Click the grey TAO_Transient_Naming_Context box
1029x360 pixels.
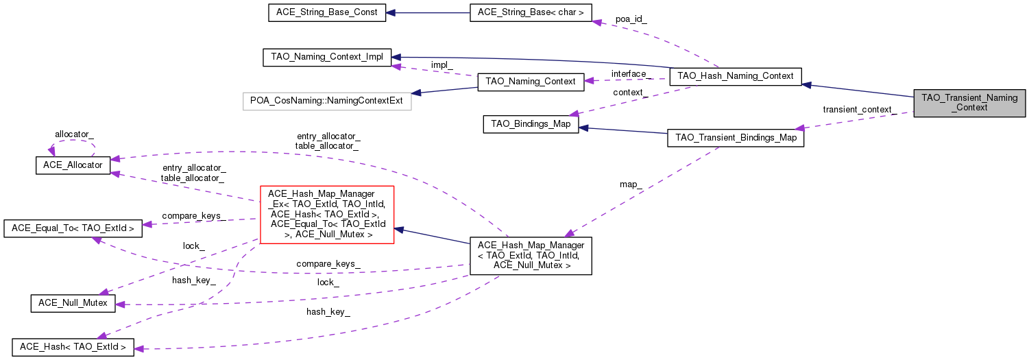point(969,103)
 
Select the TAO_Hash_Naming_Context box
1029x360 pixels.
point(735,76)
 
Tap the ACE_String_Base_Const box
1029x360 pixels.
point(326,13)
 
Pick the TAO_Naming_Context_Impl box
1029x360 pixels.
point(327,57)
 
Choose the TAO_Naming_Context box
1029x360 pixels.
point(530,82)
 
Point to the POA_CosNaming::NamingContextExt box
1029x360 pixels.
point(326,101)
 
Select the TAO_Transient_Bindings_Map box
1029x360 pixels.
point(736,138)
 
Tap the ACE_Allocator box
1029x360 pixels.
point(73,165)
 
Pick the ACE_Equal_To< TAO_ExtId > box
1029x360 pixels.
point(73,228)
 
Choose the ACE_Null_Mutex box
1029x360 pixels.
point(73,303)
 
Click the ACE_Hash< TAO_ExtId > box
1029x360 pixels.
point(73,347)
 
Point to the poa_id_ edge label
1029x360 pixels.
point(631,19)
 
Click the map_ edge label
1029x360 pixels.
point(631,184)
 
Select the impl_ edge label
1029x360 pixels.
point(441,65)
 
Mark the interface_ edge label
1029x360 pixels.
point(629,74)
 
